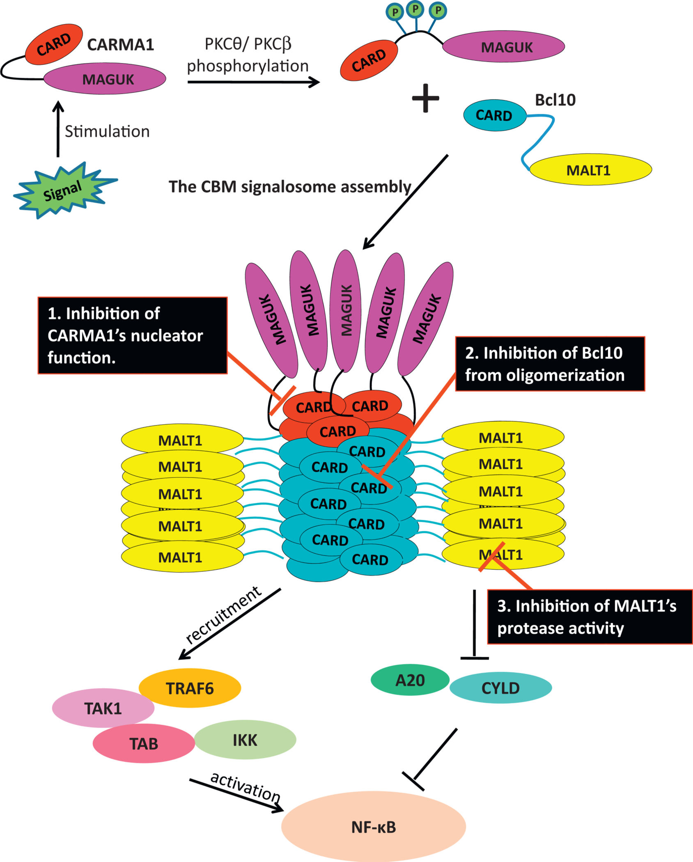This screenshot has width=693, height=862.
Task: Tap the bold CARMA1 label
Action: pyautogui.click(x=120, y=45)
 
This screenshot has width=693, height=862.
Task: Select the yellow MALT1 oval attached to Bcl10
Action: pyautogui.click(x=590, y=170)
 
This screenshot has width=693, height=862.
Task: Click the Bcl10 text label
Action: pyautogui.click(x=555, y=100)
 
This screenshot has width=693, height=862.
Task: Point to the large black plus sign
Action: pyautogui.click(x=425, y=98)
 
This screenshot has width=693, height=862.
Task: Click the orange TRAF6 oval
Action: pyautogui.click(x=190, y=688)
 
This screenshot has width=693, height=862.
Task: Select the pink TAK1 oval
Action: pyautogui.click(x=103, y=708)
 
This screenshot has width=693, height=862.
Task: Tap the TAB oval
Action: pyautogui.click(x=144, y=743)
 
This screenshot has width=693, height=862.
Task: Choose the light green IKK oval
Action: pyautogui.click(x=245, y=740)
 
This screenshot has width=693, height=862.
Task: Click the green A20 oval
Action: pyautogui.click(x=410, y=681)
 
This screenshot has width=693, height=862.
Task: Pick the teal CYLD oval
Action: pyautogui.click(x=500, y=688)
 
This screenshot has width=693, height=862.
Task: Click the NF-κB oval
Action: pyautogui.click(x=374, y=827)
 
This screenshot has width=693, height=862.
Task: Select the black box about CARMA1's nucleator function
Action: pyautogui.click(x=133, y=335)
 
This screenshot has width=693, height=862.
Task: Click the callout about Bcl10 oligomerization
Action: pyautogui.click(x=550, y=364)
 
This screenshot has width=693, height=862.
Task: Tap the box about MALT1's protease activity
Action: pyautogui.click(x=589, y=617)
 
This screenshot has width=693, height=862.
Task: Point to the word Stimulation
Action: pyautogui.click(x=107, y=131)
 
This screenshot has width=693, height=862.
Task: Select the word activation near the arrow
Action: pyautogui.click(x=245, y=787)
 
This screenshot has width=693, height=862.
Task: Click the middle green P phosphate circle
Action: pyautogui.click(x=415, y=9)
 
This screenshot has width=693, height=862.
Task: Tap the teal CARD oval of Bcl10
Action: pyautogui.click(x=494, y=115)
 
